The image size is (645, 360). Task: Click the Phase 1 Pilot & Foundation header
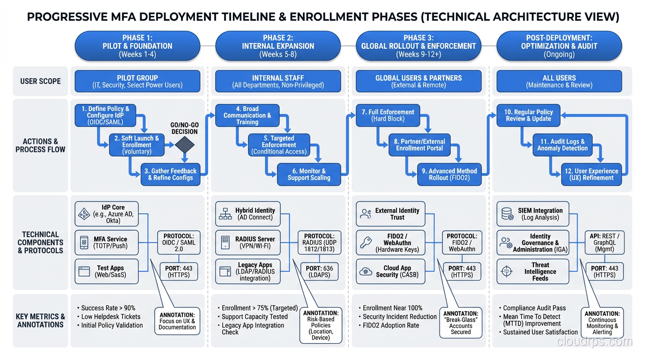point(137,46)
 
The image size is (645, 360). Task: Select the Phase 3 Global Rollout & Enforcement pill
point(418,46)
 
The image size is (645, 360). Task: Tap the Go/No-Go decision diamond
point(184,145)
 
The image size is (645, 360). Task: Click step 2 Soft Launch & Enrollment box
point(137,145)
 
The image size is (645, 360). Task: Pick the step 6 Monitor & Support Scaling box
point(308,174)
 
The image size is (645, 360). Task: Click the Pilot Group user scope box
point(137,81)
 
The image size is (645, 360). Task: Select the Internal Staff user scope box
point(277,81)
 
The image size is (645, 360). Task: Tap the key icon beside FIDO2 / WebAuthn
point(366,243)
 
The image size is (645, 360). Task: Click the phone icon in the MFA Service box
point(84,242)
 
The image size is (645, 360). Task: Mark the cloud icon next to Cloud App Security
point(366,271)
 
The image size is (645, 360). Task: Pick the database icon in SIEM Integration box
point(507,214)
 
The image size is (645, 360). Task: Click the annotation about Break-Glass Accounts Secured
point(460,322)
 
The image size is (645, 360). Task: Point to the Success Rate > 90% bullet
point(108,308)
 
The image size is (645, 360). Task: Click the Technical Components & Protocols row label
point(40,242)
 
